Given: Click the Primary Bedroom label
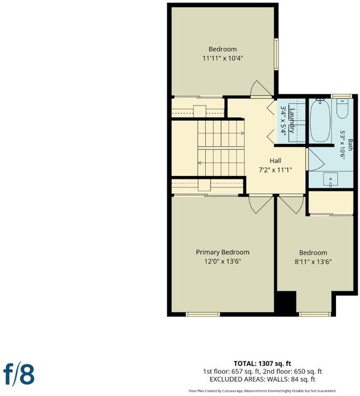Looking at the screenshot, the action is pyautogui.click(x=223, y=252).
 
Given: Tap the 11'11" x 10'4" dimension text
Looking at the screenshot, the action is pyautogui.click(x=223, y=58).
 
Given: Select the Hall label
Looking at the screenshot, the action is pyautogui.click(x=275, y=161).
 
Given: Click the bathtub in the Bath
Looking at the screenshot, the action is pyautogui.click(x=320, y=121).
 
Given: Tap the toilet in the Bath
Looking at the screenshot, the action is pyautogui.click(x=343, y=109).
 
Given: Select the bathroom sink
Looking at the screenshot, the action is pyautogui.click(x=331, y=179).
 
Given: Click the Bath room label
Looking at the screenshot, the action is pyautogui.click(x=350, y=145).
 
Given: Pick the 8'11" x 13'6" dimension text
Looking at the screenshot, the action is pyautogui.click(x=313, y=262).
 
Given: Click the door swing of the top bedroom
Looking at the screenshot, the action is pyautogui.click(x=261, y=88).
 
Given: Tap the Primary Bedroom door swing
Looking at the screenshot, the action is pyautogui.click(x=261, y=204).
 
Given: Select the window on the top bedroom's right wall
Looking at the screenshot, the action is pyautogui.click(x=277, y=54).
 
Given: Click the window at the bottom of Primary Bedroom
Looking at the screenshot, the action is pyautogui.click(x=203, y=314).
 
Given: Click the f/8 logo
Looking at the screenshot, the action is pyautogui.click(x=19, y=375).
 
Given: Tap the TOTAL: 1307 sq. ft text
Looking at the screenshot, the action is pyautogui.click(x=262, y=364).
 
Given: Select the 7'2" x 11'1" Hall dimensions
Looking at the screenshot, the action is pyautogui.click(x=275, y=170).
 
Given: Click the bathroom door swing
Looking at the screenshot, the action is pyautogui.click(x=314, y=160).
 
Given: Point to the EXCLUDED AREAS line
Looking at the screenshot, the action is pyautogui.click(x=262, y=379).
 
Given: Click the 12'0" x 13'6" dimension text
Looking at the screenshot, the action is pyautogui.click(x=223, y=261).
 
